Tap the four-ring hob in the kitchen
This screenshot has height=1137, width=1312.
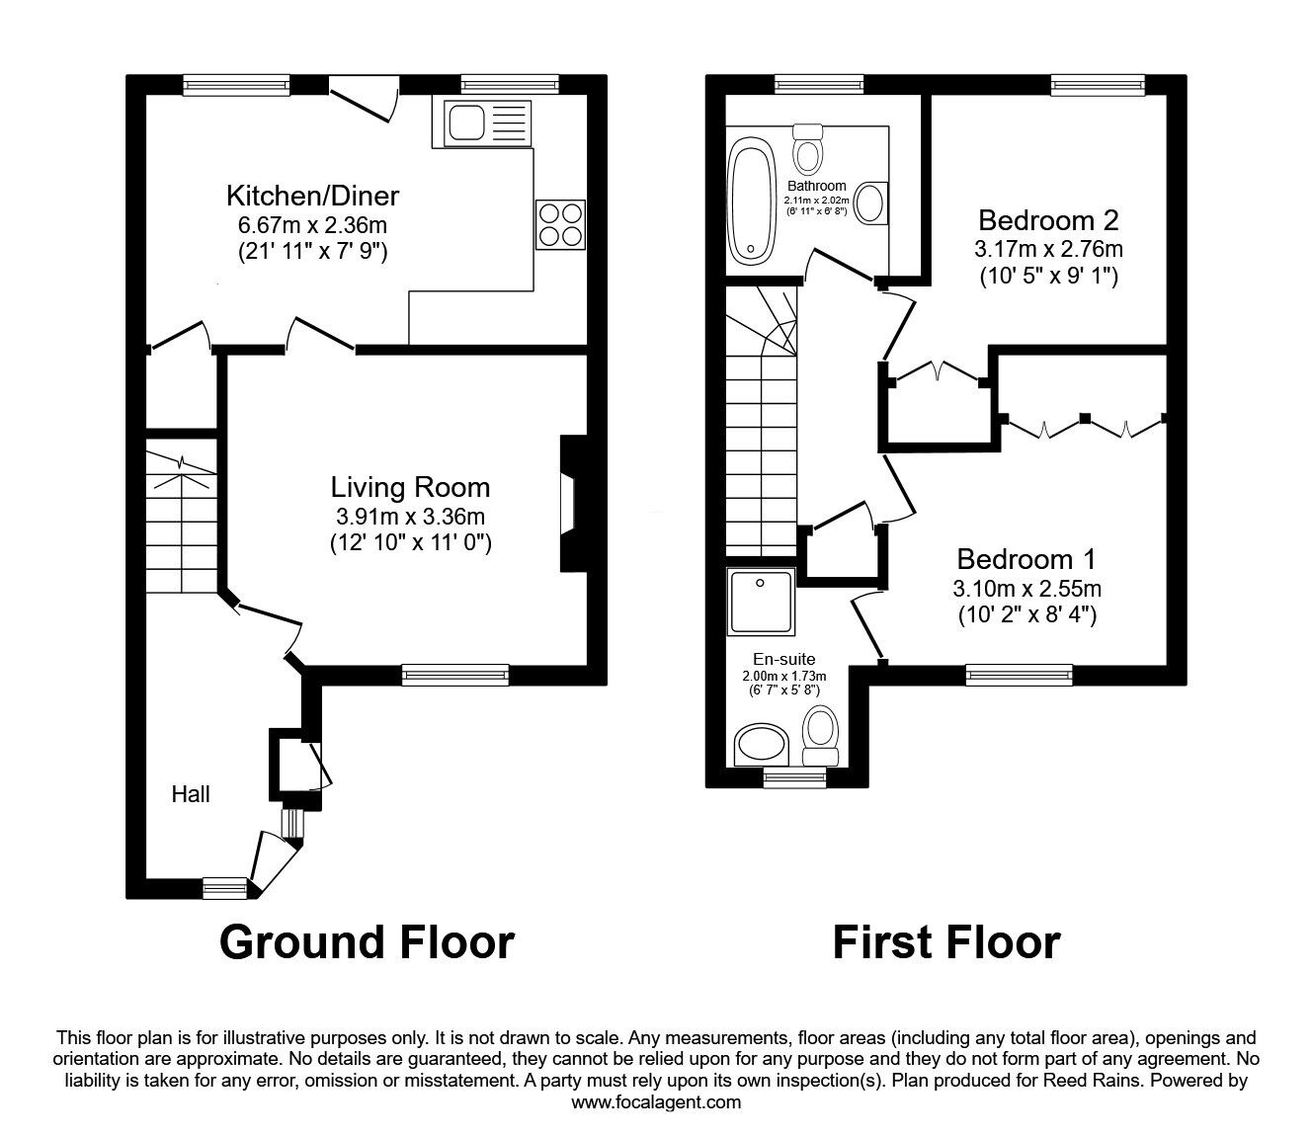[x=560, y=224]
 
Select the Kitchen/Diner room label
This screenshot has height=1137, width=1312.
[x=312, y=194]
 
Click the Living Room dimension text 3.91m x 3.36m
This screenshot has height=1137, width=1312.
[x=410, y=516]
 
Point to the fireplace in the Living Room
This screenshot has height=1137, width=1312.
[x=570, y=504]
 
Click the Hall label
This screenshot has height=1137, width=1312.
[x=191, y=793]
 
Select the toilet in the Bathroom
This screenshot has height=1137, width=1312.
[x=809, y=149]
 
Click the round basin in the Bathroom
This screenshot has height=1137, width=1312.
[x=869, y=203]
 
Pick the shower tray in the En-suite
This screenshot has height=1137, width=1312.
[x=761, y=601]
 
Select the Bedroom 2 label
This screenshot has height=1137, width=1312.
[x=1048, y=219]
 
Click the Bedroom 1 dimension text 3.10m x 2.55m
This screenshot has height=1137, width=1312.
[x=1026, y=590]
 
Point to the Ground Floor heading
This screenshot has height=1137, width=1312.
[x=367, y=941]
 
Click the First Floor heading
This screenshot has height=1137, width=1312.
[x=945, y=941]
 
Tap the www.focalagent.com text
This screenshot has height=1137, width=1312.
[x=656, y=1101]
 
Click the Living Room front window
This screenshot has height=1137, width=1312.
[x=455, y=676]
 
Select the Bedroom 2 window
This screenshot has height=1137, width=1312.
[x=1098, y=85]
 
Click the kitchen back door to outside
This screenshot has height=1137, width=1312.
[x=363, y=102]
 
